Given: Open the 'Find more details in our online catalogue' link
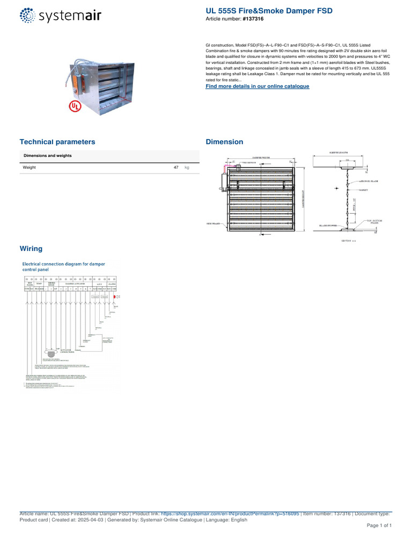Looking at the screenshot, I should click(x=257, y=86).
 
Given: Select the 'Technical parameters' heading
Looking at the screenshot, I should click(x=57, y=142).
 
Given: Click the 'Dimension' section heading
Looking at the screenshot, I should click(x=224, y=142).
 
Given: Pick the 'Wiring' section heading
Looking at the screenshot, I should click(x=31, y=249).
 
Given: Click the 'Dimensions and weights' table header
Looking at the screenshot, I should click(x=48, y=156).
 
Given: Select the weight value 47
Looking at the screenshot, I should click(x=176, y=168).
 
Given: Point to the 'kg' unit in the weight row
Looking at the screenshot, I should click(x=187, y=168).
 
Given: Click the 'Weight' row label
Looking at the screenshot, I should click(x=30, y=168).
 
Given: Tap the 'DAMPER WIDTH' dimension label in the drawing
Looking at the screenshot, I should click(x=260, y=158).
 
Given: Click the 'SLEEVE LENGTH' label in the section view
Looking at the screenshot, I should click(x=338, y=153).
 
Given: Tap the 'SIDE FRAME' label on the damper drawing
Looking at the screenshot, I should click(x=213, y=222).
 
